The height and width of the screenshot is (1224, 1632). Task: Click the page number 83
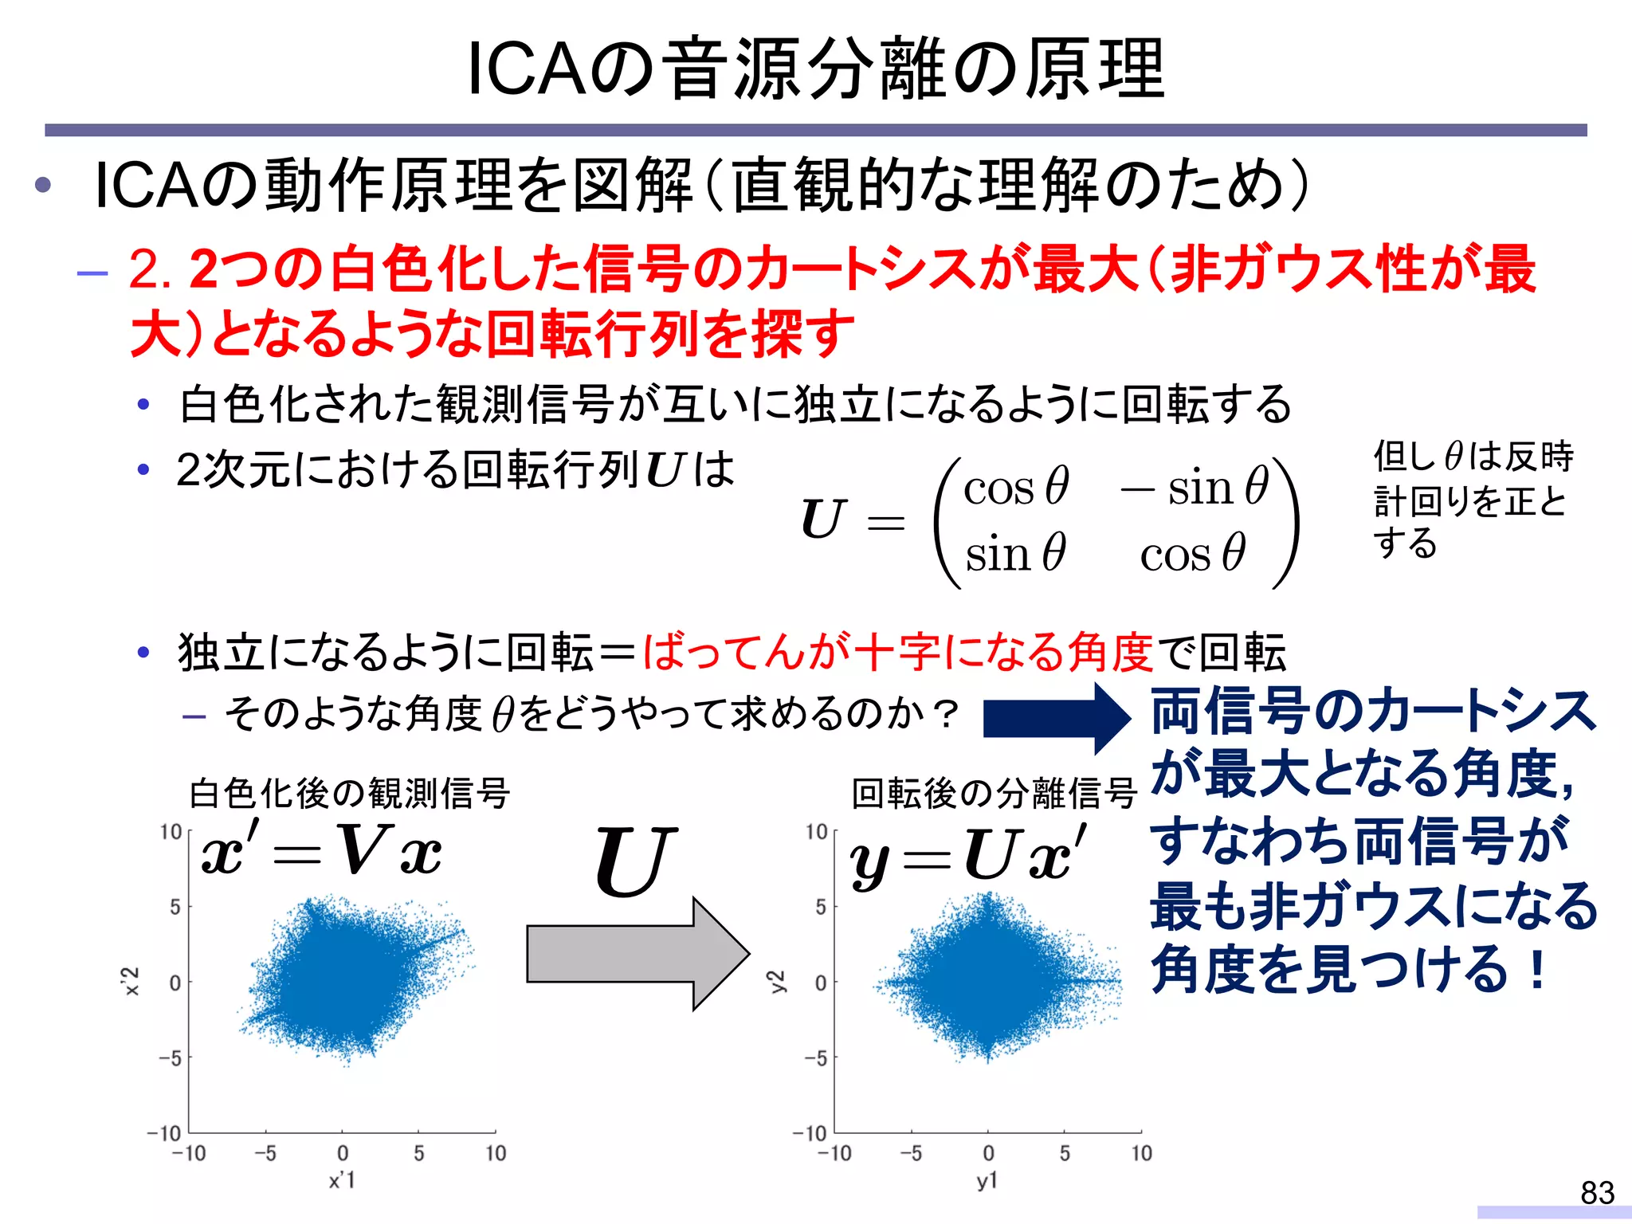(x=1597, y=1193)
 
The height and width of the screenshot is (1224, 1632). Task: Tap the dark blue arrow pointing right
(x=1056, y=718)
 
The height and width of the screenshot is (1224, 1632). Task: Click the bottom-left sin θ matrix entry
(x=1015, y=553)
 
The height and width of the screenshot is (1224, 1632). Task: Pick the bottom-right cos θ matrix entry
(x=1192, y=553)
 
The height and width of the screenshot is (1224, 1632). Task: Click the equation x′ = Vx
(x=321, y=851)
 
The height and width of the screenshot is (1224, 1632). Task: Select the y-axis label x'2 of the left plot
(x=131, y=982)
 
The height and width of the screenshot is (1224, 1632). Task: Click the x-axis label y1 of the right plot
(x=987, y=1181)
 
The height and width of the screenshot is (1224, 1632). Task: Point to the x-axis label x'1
(x=342, y=1180)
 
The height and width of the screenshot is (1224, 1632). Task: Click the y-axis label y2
(x=776, y=982)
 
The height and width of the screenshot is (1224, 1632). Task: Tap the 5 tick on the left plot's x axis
(x=419, y=1153)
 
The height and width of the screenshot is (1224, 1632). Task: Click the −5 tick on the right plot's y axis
(x=816, y=1058)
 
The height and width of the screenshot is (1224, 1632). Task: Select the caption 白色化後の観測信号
(x=349, y=794)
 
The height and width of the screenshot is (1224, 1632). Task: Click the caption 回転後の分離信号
(x=994, y=794)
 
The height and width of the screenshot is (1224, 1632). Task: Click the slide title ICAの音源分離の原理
(x=815, y=69)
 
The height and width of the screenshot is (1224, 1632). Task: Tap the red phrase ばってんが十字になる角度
(x=898, y=652)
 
